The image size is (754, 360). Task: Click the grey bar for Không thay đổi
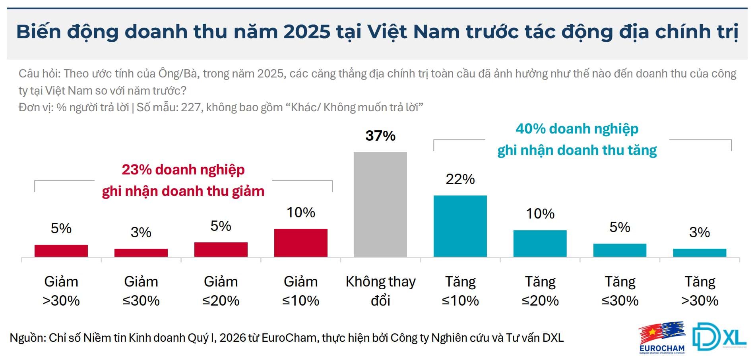point(380,204)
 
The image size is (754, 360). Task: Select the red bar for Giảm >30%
point(61,251)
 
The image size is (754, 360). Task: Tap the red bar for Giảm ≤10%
point(300,242)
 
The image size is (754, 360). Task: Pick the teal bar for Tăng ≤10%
point(460,226)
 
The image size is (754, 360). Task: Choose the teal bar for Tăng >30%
point(699,253)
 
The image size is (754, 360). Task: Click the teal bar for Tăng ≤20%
point(540,243)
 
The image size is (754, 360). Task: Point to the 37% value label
point(380,136)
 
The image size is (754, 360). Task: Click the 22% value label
point(460,179)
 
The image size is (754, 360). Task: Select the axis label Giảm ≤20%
point(221,291)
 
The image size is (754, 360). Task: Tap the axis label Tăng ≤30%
point(620,291)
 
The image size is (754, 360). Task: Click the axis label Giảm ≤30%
point(141,291)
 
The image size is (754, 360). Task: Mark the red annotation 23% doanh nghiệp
point(183,170)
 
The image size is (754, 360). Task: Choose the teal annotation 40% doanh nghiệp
point(577,129)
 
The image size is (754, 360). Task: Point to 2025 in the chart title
point(306,31)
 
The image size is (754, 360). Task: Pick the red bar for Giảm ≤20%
point(221,250)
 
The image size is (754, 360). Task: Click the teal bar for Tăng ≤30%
point(620,250)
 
